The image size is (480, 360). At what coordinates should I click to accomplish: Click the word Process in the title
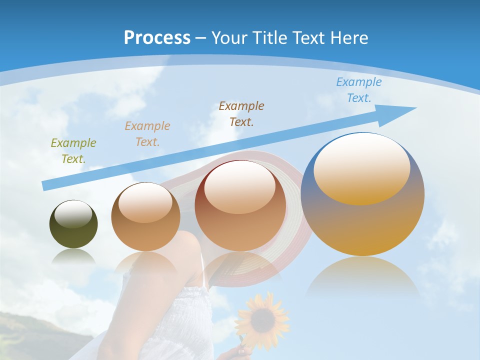[x=157, y=37]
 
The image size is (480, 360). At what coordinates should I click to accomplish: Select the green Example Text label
[x=73, y=151]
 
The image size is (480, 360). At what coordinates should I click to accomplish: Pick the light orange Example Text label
[x=147, y=134]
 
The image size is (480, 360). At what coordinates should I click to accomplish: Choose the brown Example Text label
[x=241, y=113]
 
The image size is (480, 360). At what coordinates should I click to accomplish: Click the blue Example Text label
[x=359, y=90]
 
